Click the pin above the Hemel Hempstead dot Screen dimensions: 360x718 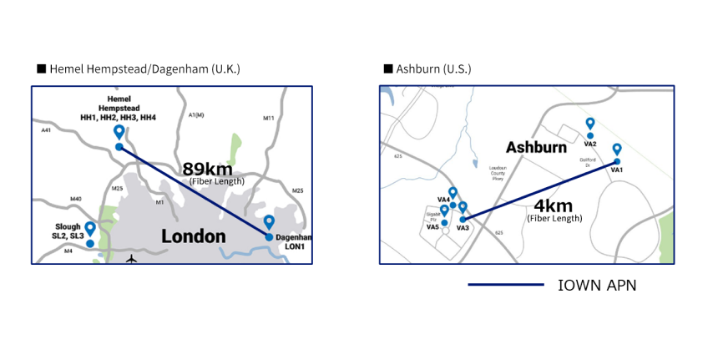point(119,132)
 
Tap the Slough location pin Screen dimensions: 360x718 point(90,228)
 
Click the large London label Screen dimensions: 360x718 point(193,236)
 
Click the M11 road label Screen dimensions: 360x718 point(269,119)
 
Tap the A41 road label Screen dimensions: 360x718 point(46,130)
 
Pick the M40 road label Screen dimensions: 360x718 point(76,198)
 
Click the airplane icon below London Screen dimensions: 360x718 point(131,259)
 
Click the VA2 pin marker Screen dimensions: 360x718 point(590,124)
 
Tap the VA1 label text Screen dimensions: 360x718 point(618,170)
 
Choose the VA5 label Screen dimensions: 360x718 point(432,226)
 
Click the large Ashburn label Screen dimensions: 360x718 point(536,147)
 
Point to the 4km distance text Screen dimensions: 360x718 point(553,205)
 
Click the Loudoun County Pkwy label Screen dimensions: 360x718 point(498,173)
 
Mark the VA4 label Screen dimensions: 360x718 point(443,199)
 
